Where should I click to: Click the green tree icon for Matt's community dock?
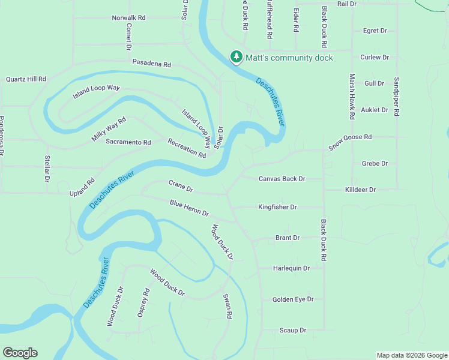(237, 57)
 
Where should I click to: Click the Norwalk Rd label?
(128, 18)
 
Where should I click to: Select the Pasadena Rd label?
(152, 64)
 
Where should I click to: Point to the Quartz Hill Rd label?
(26, 79)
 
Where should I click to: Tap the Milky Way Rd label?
(109, 129)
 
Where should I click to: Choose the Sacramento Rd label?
(128, 142)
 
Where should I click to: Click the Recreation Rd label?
(187, 148)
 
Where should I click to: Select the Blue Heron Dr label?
(188, 209)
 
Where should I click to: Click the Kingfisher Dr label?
(277, 207)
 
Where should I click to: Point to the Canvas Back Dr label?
(282, 179)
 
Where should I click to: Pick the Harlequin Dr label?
(291, 268)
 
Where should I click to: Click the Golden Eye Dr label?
(293, 299)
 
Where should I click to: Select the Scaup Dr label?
(293, 330)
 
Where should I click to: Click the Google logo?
(20, 353)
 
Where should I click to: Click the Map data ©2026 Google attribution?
(411, 355)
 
